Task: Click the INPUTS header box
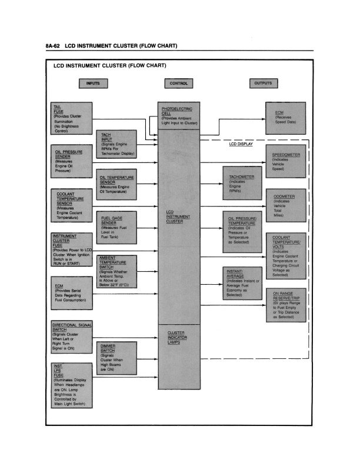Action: [x=92, y=84]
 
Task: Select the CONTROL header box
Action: [x=178, y=84]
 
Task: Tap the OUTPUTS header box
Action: [x=263, y=84]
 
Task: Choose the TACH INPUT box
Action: [x=117, y=145]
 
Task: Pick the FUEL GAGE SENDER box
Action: [x=115, y=229]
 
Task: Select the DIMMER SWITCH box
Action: [x=116, y=358]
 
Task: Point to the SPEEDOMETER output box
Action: [x=286, y=161]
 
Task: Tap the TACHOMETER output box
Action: [x=241, y=184]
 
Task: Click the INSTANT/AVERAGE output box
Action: [x=242, y=283]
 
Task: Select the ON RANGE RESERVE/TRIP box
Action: [x=286, y=305]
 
